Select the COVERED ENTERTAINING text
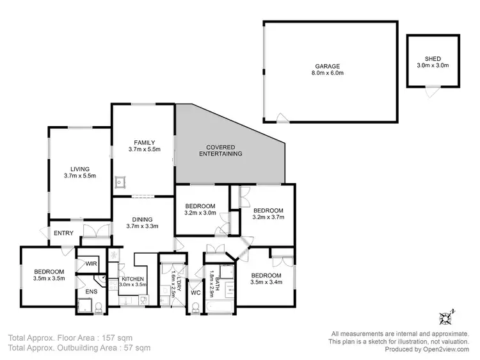pos(220,150)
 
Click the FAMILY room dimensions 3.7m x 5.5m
pos(144,149)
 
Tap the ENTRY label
pos(63,233)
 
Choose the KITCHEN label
pos(132,279)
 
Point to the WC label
pos(196,293)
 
